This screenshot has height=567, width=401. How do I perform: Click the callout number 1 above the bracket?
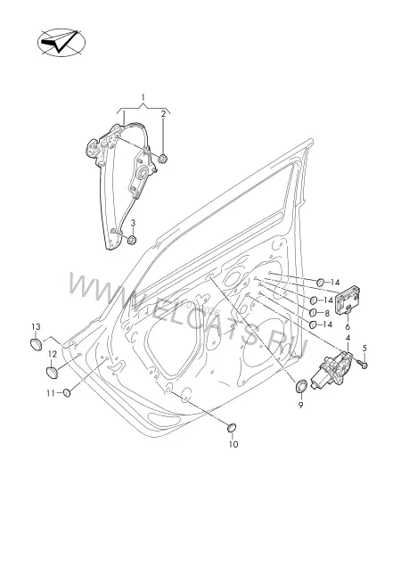(143, 97)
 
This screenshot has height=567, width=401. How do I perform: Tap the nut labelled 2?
(163, 158)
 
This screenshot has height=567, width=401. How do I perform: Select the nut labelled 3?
(132, 239)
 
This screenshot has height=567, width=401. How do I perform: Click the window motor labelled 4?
(331, 371)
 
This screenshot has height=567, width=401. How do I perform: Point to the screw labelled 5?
(362, 364)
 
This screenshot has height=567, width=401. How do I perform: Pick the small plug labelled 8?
(313, 312)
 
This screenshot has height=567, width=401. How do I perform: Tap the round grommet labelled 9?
(301, 386)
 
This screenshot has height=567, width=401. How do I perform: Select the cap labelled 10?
(232, 428)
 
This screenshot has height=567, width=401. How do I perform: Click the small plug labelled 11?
(67, 392)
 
